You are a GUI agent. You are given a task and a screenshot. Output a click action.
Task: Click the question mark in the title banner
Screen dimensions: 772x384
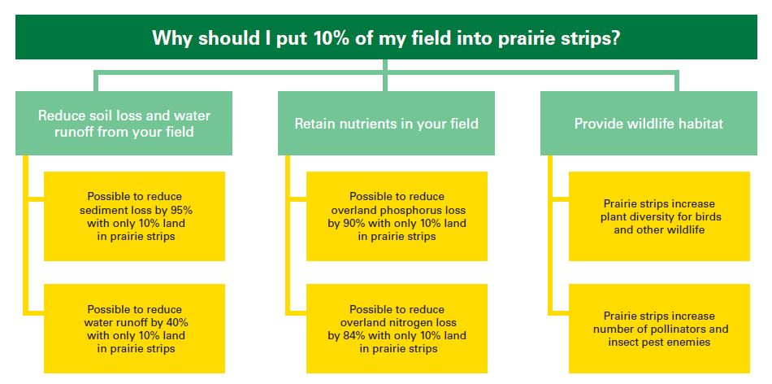click(614, 38)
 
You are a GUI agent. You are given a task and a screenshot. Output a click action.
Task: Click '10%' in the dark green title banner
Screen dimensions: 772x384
click(328, 38)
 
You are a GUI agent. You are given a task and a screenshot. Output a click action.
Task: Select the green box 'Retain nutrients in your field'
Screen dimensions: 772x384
click(386, 123)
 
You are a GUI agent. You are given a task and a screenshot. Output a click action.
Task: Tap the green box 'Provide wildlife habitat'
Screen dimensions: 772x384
click(648, 123)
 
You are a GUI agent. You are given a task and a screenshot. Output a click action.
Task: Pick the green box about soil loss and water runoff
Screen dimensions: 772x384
click(124, 123)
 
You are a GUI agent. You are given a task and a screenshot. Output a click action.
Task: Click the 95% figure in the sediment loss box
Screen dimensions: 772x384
click(182, 210)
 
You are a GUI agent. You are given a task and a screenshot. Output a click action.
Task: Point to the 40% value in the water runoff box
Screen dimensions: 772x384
click(177, 322)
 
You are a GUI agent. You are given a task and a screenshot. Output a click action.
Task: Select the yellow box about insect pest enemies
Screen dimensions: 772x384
click(659, 329)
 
